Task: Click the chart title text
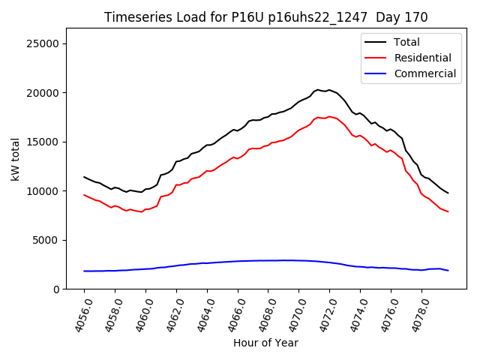click(266, 17)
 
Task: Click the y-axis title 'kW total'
click(16, 159)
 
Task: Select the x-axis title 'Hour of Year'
click(265, 343)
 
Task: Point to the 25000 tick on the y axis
click(44, 43)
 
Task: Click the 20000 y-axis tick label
click(44, 93)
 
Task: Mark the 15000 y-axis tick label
click(44, 142)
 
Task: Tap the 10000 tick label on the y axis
click(44, 191)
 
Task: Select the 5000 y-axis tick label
click(47, 240)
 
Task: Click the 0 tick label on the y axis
click(56, 289)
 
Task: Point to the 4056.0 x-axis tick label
click(77, 314)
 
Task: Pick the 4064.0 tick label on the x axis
click(199, 314)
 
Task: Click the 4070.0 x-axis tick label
click(292, 314)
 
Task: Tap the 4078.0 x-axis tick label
click(414, 314)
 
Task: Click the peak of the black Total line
click(318, 90)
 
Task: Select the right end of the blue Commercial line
click(448, 271)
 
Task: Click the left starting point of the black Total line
click(84, 177)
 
